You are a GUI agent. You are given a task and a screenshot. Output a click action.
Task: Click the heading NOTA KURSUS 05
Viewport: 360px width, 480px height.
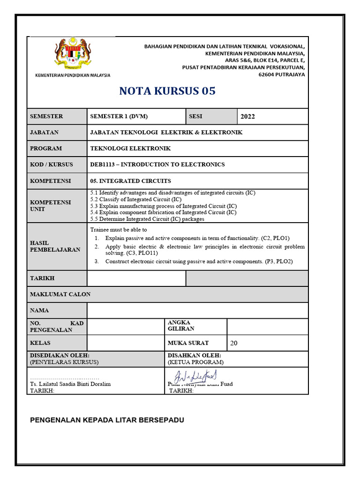(x=167, y=91)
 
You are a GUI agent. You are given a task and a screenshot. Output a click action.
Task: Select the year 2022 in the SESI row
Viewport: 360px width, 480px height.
(x=247, y=117)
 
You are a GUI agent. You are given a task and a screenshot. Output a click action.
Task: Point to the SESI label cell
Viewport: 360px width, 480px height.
(x=195, y=116)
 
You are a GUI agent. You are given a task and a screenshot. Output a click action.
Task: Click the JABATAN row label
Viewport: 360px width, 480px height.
(x=44, y=132)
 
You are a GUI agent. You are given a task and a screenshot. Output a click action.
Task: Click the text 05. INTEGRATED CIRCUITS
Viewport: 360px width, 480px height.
(x=130, y=181)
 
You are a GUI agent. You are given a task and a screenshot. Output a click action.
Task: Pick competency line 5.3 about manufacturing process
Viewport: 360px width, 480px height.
(x=163, y=206)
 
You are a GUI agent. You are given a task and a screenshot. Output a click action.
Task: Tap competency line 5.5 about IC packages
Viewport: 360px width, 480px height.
(x=147, y=219)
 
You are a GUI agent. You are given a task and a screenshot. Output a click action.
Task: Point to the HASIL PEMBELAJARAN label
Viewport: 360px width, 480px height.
(x=55, y=246)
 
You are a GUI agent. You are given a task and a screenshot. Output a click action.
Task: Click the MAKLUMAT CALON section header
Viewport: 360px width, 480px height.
(x=60, y=294)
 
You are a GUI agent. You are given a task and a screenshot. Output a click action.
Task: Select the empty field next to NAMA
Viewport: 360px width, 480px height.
(x=197, y=310)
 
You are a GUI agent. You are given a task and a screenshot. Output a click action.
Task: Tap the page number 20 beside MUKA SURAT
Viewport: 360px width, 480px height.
(x=233, y=343)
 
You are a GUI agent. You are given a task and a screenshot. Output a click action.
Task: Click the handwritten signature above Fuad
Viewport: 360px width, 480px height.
(x=195, y=377)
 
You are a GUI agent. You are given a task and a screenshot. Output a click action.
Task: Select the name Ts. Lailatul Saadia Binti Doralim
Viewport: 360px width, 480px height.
(x=70, y=384)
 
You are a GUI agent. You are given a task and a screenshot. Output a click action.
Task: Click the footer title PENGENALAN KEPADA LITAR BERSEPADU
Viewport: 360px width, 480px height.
(x=107, y=420)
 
